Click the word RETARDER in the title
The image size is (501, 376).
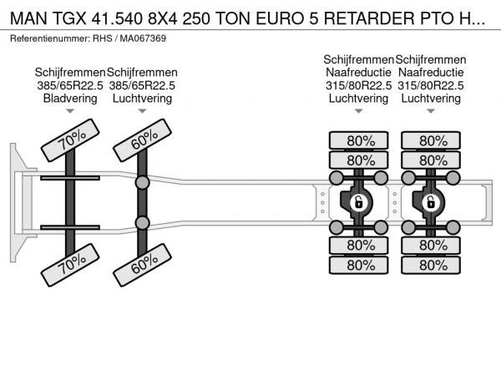[369, 18]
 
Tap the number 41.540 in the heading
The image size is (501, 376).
[117, 18]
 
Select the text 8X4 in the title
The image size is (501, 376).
[162, 18]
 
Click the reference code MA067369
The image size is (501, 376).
[143, 38]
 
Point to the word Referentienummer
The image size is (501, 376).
[50, 38]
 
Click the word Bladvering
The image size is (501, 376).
[70, 98]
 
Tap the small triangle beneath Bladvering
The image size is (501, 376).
[70, 111]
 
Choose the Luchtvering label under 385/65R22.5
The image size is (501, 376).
[142, 98]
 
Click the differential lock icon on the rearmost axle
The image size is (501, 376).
[431, 202]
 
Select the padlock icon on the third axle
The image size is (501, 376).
[358, 202]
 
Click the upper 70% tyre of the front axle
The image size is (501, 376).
[70, 140]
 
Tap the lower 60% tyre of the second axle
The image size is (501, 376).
[143, 265]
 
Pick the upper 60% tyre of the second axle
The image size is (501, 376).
[143, 140]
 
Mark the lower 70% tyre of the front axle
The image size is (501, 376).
[70, 265]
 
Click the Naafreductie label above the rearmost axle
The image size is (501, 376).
[431, 72]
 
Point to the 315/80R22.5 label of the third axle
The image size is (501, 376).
[358, 85]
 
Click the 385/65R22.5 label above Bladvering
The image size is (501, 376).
[70, 85]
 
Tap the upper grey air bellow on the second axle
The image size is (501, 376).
[142, 182]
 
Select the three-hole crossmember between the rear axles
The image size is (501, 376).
[395, 203]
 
